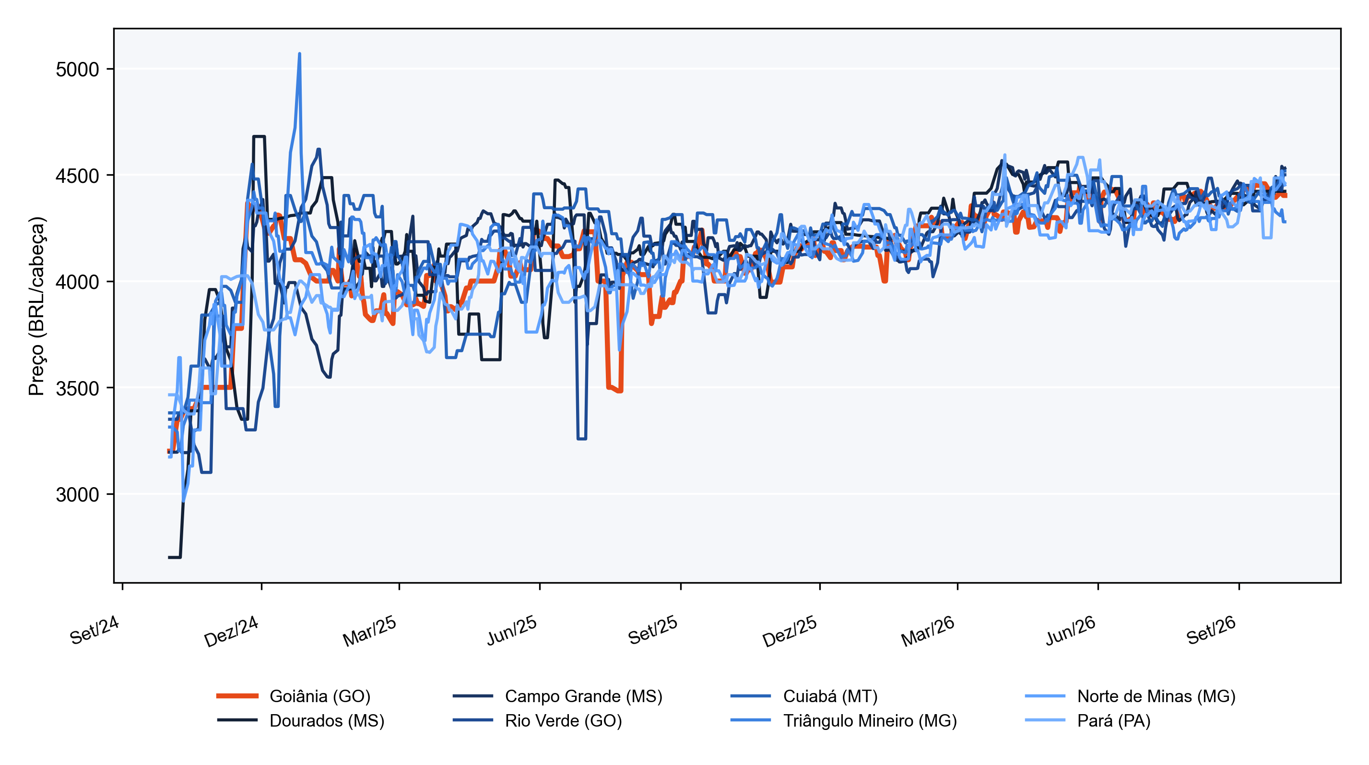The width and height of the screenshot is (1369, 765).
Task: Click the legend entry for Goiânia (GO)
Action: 294,696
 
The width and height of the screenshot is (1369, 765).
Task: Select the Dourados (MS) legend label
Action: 301,720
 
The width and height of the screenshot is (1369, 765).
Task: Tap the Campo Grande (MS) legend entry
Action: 557,696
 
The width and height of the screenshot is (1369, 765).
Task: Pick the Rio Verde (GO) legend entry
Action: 537,720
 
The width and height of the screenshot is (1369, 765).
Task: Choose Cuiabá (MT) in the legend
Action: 804,696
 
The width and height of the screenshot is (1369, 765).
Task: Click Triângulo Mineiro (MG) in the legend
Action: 843,720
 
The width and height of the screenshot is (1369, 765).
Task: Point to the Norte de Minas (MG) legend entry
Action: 1131,696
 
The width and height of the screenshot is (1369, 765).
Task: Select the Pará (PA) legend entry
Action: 1088,720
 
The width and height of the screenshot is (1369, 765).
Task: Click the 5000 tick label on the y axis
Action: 78,69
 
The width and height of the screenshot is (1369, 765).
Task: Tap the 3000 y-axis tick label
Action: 78,494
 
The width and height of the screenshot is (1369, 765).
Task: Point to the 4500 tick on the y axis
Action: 78,176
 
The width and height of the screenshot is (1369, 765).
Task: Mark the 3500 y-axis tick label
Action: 78,388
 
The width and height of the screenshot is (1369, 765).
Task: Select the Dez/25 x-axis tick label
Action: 790,632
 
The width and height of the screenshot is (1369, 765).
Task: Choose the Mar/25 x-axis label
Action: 370,632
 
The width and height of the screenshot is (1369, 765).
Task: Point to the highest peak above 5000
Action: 300,54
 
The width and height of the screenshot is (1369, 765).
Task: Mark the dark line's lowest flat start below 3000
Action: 174,557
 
